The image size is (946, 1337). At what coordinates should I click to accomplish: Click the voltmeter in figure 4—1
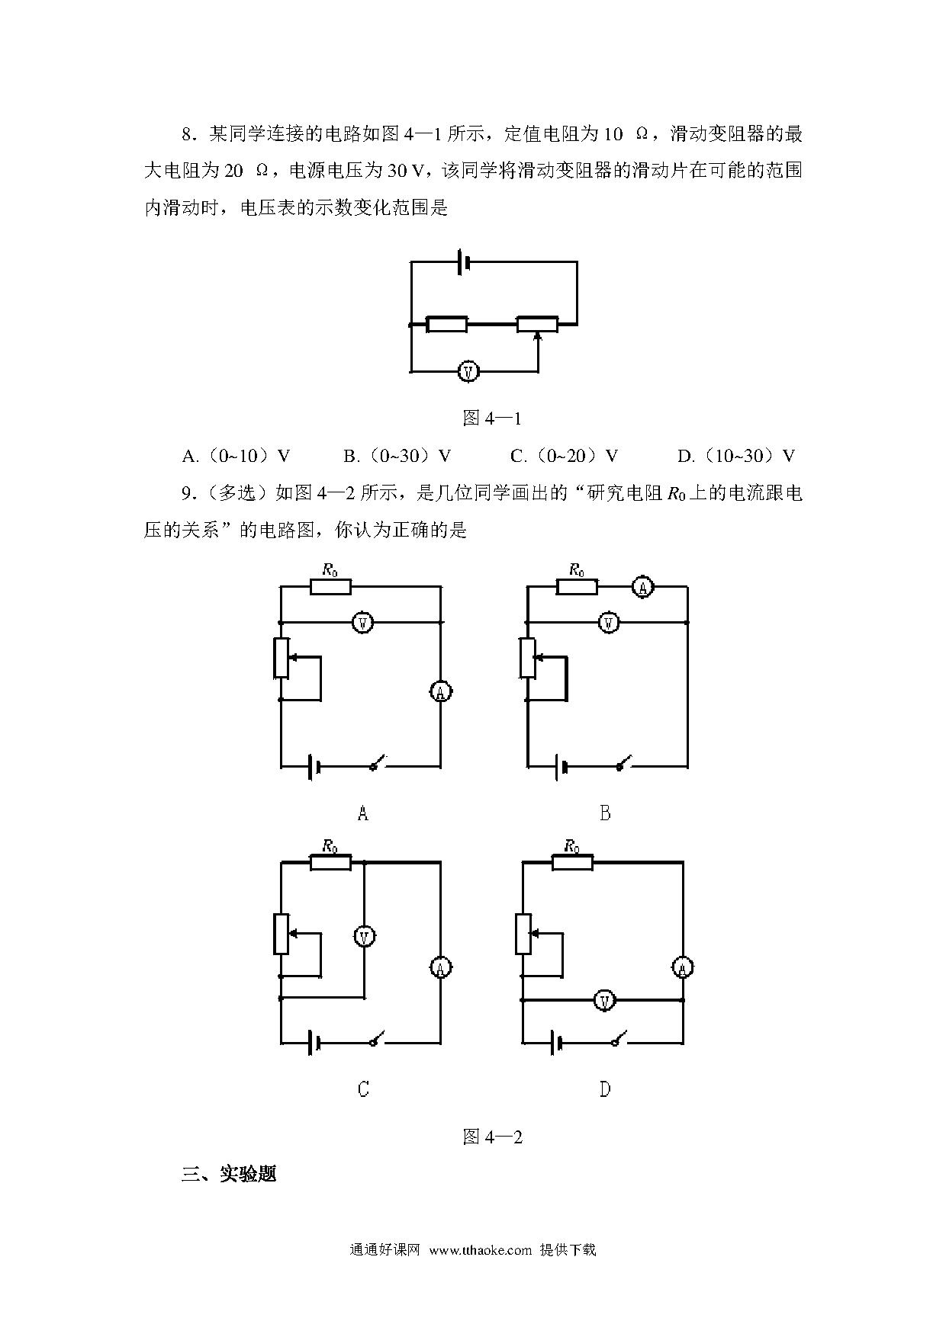pos(468,371)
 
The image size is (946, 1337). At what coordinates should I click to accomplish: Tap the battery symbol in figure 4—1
pos(462,261)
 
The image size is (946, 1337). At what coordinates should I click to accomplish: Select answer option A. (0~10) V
pos(236,456)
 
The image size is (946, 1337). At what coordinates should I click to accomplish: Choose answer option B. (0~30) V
pos(397,456)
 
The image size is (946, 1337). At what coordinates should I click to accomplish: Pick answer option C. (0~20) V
pos(564,456)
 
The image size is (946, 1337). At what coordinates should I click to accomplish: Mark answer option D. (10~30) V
pos(736,456)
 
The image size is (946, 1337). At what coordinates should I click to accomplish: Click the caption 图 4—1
pos(493,418)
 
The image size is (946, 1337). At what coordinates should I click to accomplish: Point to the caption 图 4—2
pos(493,1137)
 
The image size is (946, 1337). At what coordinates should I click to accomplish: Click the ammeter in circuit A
pos(440,691)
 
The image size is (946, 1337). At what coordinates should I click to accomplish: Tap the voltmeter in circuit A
pos(363,623)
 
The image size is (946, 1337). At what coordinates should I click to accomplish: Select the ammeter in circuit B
pos(642,587)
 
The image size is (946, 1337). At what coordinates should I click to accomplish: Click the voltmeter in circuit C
pos(365,937)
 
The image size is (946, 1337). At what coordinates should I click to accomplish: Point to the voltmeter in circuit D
pos(604,1001)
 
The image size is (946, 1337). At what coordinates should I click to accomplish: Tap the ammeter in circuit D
pos(683,968)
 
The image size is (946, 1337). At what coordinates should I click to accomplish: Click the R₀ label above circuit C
pos(330,846)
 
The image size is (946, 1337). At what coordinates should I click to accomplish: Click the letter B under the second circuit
pos(605,813)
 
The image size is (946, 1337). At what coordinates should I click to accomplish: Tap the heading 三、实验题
pos(229,1173)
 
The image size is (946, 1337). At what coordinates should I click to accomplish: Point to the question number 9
pos(186,493)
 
